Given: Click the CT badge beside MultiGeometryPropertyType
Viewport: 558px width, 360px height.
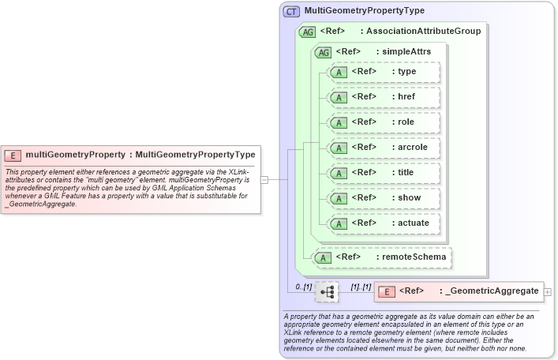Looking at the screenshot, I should point(292,11).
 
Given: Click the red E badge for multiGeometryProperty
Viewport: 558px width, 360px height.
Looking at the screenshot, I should point(13,155).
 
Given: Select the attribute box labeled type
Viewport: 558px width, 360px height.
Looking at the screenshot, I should point(384,72).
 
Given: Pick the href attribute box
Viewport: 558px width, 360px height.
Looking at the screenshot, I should point(384,97).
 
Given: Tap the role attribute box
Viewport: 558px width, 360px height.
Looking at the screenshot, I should point(384,122).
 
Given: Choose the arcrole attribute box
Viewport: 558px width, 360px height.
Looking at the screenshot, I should point(384,148).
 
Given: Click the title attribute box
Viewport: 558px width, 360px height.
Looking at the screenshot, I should point(384,173).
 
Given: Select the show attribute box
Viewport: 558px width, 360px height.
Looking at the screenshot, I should point(384,198).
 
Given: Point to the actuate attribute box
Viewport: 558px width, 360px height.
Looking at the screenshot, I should point(384,223).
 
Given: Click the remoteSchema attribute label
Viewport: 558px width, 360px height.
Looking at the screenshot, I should point(410,257).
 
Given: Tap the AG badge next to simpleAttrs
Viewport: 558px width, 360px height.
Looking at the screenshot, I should point(323,52).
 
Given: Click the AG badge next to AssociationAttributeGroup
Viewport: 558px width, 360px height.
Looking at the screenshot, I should point(307,32).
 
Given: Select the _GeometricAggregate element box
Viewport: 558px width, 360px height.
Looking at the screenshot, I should point(458,291).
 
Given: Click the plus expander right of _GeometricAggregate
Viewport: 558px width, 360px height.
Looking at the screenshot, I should point(548,291).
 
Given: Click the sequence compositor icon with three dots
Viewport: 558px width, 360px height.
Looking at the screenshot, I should point(327,292).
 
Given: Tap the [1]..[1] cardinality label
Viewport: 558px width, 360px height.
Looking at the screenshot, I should point(360,287).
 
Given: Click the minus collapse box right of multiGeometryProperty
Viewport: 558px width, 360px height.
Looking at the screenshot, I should point(264,179).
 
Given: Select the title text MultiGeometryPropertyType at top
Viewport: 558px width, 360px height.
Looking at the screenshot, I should point(365,11).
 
